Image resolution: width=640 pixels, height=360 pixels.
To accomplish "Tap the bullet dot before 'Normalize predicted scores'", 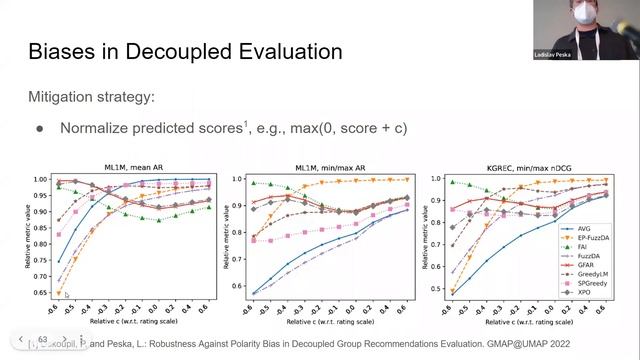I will click(x=40, y=129).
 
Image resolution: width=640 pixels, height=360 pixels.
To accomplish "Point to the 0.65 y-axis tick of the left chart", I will click(x=43, y=293).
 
